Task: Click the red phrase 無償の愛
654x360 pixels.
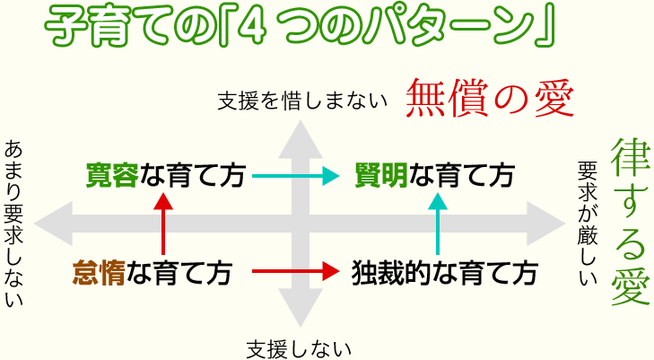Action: [x=490, y=98]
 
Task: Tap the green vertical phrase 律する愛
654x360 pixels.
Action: [x=631, y=222]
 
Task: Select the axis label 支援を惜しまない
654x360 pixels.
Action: [x=302, y=101]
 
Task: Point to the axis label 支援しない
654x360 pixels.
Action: [x=299, y=349]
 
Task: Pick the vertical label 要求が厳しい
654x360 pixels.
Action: [x=588, y=224]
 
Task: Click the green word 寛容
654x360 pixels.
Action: [x=112, y=175]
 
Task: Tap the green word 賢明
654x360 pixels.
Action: [x=381, y=175]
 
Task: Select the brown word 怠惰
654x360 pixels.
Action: [x=100, y=272]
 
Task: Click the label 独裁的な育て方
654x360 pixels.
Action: [x=445, y=272]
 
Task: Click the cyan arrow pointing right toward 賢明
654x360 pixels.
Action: [x=296, y=176]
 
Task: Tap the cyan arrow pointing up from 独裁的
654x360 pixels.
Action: [x=438, y=224]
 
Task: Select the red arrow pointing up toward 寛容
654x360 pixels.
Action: [x=163, y=224]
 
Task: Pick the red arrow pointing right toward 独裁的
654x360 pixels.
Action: [x=296, y=271]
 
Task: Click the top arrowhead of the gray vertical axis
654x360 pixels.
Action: [x=301, y=140]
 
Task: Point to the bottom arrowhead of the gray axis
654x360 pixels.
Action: [x=301, y=307]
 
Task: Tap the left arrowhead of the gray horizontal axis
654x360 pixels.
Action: [x=53, y=224]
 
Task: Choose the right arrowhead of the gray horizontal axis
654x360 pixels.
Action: [x=546, y=224]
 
